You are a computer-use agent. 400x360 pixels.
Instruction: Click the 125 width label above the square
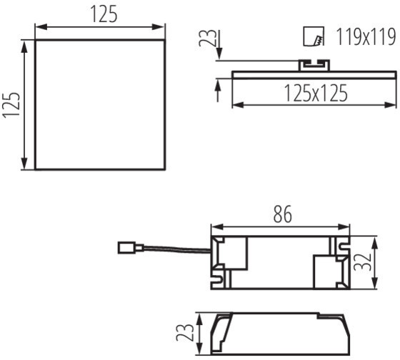click(104, 14)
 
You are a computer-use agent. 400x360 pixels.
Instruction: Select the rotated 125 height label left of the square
click(11, 105)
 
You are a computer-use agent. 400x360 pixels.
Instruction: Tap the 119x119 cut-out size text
click(366, 36)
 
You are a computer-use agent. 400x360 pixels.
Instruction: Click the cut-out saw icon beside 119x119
click(314, 36)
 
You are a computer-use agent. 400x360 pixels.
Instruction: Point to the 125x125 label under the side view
click(315, 93)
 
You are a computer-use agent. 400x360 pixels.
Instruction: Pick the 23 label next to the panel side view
click(207, 38)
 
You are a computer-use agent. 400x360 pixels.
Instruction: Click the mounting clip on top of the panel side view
click(314, 65)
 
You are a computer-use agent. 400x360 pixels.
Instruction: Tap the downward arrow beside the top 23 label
click(219, 45)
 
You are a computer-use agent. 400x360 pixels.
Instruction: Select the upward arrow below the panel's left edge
click(218, 90)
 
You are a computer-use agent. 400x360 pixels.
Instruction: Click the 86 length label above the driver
click(282, 214)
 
